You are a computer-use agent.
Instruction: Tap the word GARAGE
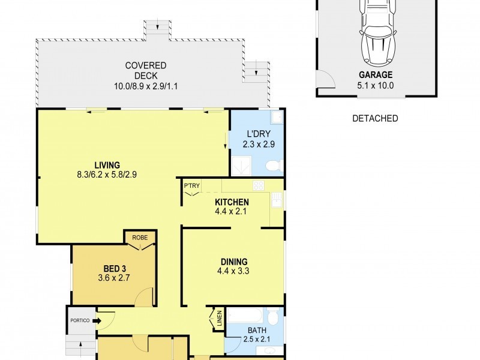pyautogui.click(x=376, y=75)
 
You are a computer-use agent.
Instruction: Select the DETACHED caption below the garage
pyautogui.click(x=375, y=118)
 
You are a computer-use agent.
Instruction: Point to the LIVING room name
pyautogui.click(x=107, y=165)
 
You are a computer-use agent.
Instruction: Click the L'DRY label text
pyautogui.click(x=258, y=134)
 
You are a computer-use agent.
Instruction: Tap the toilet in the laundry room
pyautogui.click(x=273, y=166)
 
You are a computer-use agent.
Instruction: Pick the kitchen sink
pyautogui.click(x=277, y=200)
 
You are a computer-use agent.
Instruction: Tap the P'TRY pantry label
pyautogui.click(x=191, y=185)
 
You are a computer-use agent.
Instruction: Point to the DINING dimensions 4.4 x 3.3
pyautogui.click(x=234, y=271)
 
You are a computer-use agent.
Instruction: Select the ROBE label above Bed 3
pyautogui.click(x=140, y=237)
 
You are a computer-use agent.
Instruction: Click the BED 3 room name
pyautogui.click(x=114, y=268)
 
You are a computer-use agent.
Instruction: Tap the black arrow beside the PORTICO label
pyautogui.click(x=96, y=321)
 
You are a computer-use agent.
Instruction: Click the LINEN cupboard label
pyautogui.click(x=219, y=319)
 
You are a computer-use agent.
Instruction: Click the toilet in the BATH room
pyautogui.click(x=273, y=316)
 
